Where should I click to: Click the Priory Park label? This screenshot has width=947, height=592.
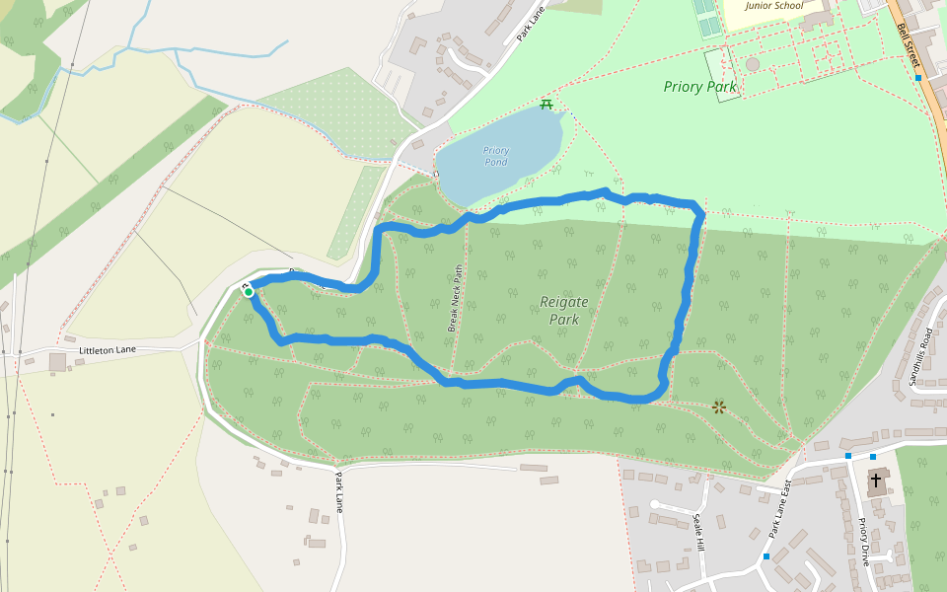(699, 87)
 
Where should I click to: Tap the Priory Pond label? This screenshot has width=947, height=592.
(495, 156)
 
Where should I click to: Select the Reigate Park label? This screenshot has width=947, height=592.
(564, 310)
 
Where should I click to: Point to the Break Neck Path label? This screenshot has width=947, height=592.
(455, 297)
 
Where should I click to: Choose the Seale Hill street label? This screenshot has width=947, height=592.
(699, 532)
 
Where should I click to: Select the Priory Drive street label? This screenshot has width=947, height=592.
(864, 541)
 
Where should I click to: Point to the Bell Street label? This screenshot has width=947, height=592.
(909, 43)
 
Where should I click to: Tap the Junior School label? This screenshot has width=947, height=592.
(774, 6)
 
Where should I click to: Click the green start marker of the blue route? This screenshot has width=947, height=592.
(249, 291)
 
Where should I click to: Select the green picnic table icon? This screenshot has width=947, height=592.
(546, 104)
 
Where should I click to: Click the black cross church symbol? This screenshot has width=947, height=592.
(875, 480)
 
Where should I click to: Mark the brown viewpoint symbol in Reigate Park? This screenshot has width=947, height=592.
(719, 407)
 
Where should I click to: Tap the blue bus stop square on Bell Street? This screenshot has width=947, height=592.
(918, 77)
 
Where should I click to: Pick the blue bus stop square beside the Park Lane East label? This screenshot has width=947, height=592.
(765, 556)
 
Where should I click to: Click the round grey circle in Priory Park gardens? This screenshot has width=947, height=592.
(753, 64)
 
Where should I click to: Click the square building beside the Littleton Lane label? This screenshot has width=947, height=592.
(57, 362)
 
